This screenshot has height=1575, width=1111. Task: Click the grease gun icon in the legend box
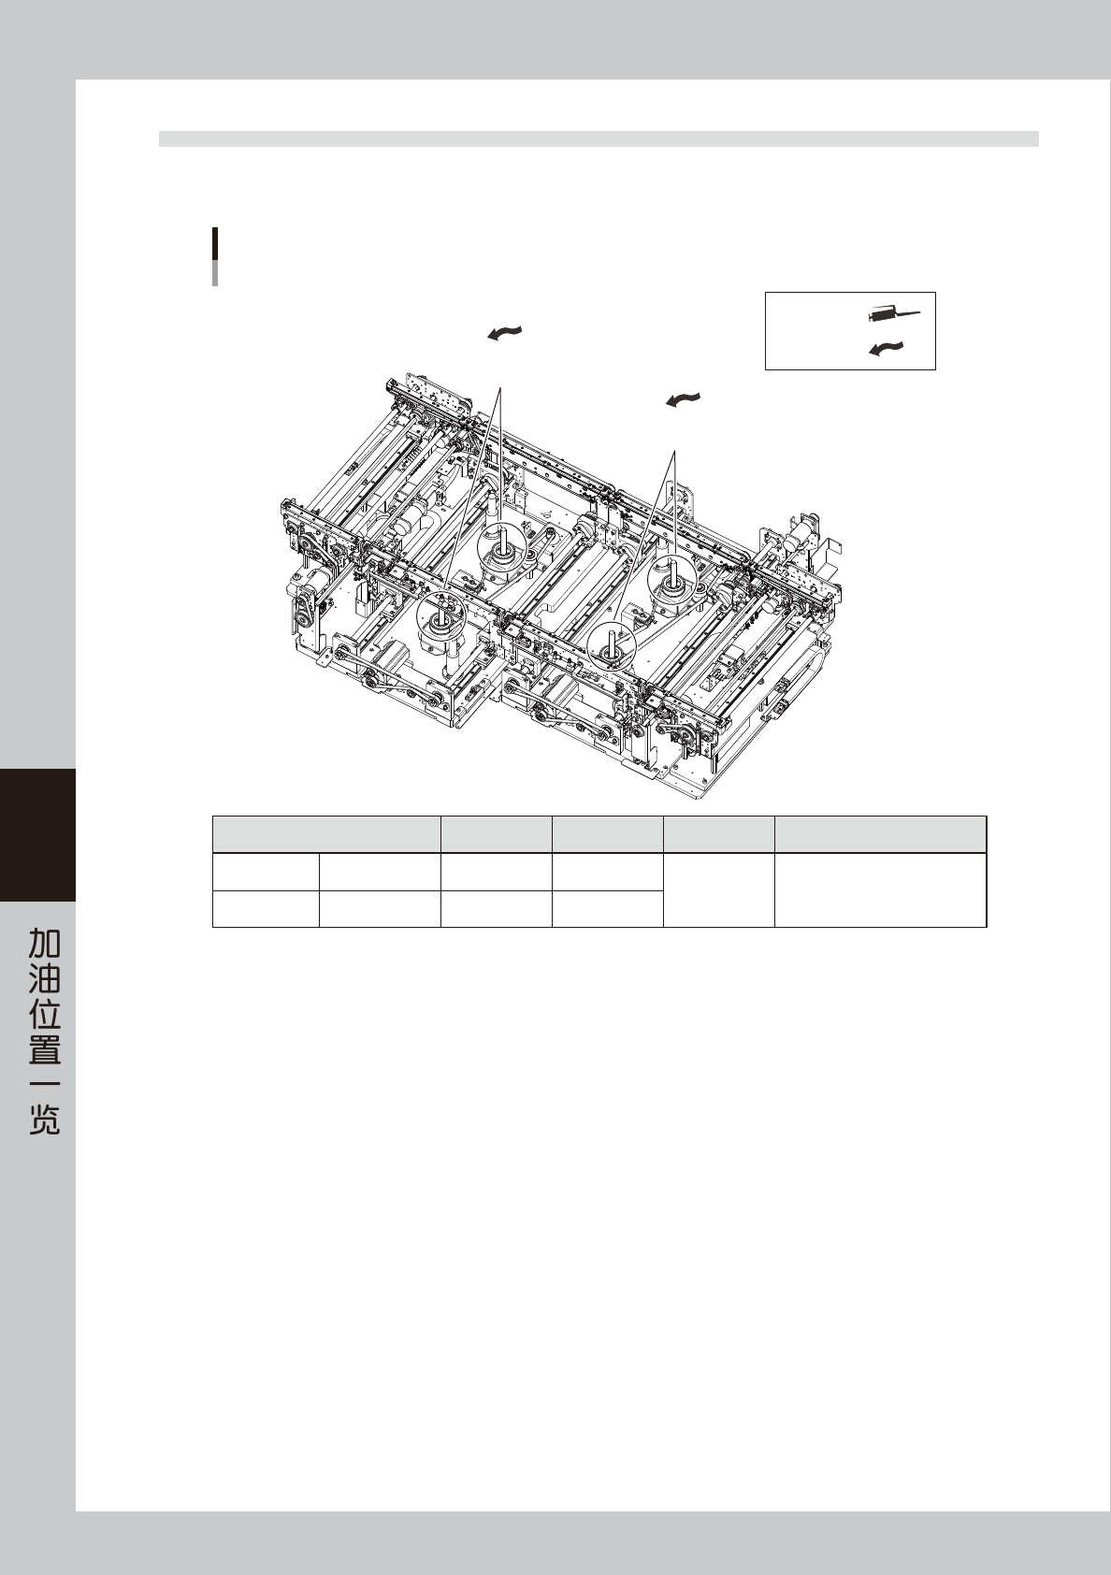894,315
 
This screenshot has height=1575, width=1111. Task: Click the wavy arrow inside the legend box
887,349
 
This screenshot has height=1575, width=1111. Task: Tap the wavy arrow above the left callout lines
504,333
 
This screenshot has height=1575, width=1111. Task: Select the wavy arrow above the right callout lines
684,399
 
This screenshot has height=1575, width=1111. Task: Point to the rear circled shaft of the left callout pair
503,549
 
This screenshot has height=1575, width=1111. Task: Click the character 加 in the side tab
44,942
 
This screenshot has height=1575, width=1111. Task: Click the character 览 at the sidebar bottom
44,1120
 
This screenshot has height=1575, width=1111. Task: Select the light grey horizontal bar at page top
599,139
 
